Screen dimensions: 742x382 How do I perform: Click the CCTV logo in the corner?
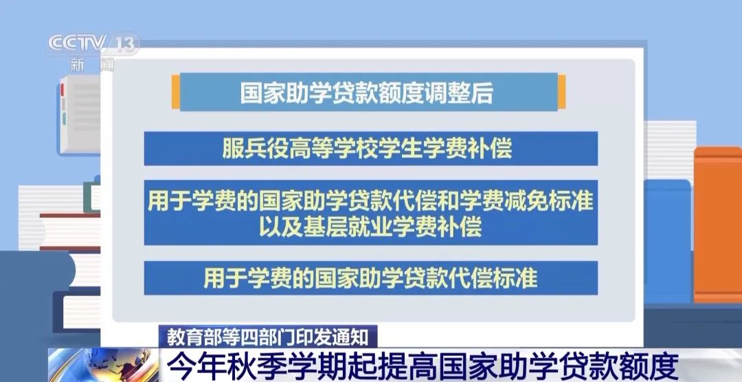pos(77,43)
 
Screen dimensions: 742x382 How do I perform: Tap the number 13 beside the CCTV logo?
pos(126,45)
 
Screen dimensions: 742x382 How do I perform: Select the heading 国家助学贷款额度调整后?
pos(367,93)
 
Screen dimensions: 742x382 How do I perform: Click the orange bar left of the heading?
pos(176,92)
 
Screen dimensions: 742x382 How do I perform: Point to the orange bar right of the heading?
pos(562,92)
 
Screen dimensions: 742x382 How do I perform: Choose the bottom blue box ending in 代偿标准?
pos(370,278)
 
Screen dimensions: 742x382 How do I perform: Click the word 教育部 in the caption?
pos(186,337)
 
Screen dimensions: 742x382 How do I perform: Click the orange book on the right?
pos(718,225)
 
